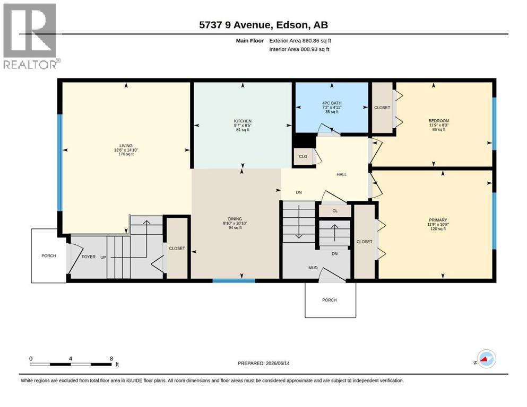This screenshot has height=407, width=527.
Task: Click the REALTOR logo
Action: tap(31, 36)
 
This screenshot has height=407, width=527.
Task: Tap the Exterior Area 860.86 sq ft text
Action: tap(300, 41)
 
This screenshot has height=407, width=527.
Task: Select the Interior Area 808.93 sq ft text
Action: tap(299, 49)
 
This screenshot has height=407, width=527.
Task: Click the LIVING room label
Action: tap(126, 146)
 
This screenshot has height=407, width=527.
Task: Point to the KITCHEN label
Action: tap(243, 121)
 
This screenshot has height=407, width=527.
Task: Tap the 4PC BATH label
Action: tap(332, 103)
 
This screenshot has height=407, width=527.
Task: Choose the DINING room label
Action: tap(235, 219)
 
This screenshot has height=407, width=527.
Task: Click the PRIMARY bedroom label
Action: tap(438, 220)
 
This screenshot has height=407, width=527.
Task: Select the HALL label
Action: tap(341, 174)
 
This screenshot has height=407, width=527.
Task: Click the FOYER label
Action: tap(89, 256)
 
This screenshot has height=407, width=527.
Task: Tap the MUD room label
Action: tap(313, 268)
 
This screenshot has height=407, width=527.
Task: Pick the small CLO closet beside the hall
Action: tap(303, 156)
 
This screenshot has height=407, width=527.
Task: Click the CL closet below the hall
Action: tap(335, 211)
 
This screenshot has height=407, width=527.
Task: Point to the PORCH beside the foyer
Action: tap(49, 255)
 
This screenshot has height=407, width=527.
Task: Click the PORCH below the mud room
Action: tap(330, 299)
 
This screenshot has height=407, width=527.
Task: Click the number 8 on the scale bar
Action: tap(111, 359)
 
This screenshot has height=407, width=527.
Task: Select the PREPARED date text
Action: tap(263, 363)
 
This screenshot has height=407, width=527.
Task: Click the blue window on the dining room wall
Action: tap(234, 281)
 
